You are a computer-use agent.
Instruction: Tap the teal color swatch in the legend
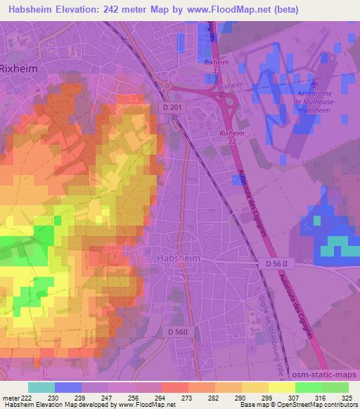pos(41,387)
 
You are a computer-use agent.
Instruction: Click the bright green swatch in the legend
pos(309,387)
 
